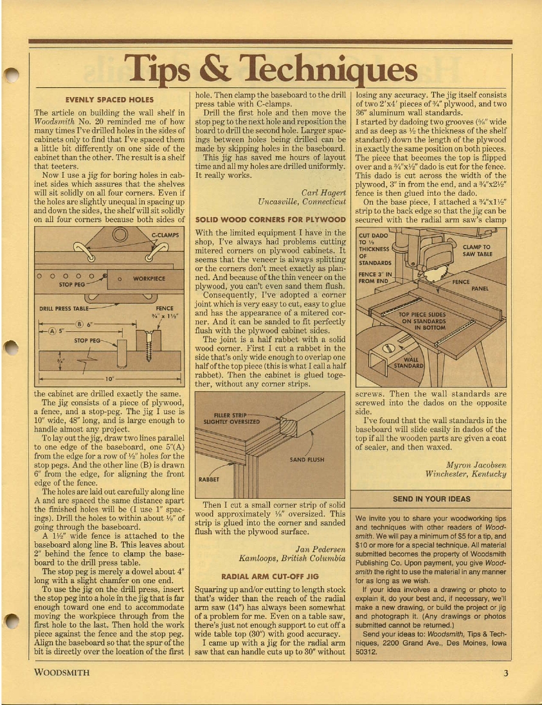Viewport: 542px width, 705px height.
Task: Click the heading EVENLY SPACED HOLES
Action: pos(109,100)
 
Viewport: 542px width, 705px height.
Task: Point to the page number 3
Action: pos(507,673)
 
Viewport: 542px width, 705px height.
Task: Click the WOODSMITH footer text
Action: pos(62,673)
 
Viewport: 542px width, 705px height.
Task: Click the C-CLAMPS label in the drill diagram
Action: pos(164,236)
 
